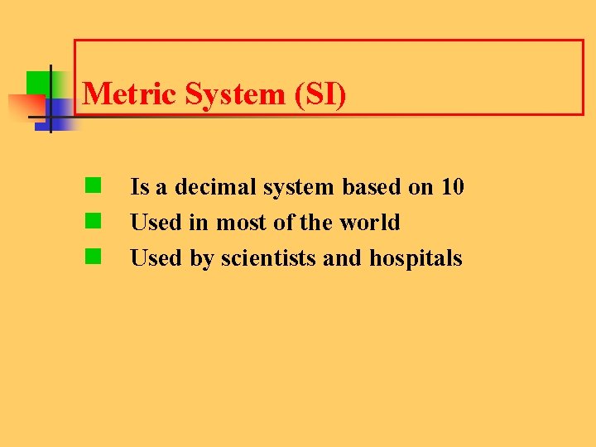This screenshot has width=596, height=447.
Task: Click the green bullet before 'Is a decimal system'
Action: tap(93, 185)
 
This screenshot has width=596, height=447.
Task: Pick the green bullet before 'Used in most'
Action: tap(93, 220)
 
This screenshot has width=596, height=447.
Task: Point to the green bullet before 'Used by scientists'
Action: tap(93, 256)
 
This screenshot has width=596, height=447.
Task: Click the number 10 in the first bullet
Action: tap(452, 187)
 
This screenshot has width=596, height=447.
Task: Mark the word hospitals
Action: tap(416, 258)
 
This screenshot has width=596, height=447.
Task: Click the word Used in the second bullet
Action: tap(153, 223)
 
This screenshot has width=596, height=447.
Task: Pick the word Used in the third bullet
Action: tap(153, 258)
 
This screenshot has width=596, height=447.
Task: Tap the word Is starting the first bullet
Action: tap(139, 187)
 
